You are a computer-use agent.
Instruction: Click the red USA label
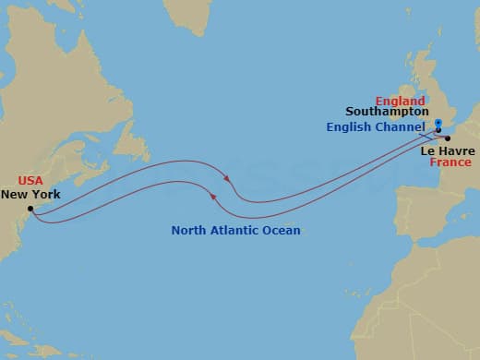[x=30, y=182]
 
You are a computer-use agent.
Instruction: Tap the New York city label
[x=30, y=195]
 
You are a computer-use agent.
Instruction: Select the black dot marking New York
[x=30, y=209]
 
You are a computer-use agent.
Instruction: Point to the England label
[x=400, y=101]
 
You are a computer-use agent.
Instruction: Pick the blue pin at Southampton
[x=438, y=125]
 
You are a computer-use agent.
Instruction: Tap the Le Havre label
[x=447, y=150]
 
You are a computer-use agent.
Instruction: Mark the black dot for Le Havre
[x=447, y=138]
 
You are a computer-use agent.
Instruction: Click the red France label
[x=450, y=162]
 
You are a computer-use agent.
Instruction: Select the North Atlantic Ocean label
[x=235, y=230]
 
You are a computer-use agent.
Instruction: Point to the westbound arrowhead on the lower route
[x=214, y=196]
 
